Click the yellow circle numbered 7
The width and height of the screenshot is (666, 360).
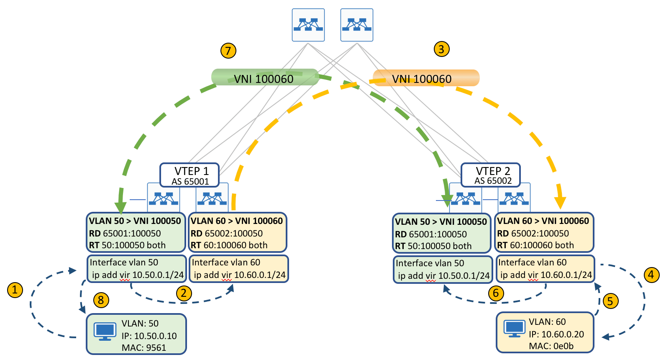(x=228, y=51)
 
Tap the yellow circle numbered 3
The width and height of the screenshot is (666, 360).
(x=441, y=49)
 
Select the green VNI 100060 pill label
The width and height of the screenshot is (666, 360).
(x=264, y=78)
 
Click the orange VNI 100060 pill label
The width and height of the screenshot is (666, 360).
(x=426, y=78)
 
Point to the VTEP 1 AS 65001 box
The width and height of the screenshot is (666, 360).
(x=190, y=175)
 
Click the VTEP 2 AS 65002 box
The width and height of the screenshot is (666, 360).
(x=491, y=175)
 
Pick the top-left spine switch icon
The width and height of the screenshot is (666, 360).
(x=308, y=25)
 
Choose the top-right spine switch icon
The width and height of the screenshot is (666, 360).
(x=357, y=25)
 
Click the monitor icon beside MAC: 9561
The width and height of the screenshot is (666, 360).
(x=105, y=331)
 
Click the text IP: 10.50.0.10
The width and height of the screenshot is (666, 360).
(x=149, y=336)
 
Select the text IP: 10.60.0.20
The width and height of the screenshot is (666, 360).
(x=556, y=334)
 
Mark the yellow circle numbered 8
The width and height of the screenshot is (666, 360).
(x=101, y=300)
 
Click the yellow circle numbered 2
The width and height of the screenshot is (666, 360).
(x=184, y=293)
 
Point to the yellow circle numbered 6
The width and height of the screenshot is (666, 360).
(x=496, y=293)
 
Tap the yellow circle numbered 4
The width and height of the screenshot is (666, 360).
(x=651, y=275)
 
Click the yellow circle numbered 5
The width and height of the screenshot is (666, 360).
(x=610, y=301)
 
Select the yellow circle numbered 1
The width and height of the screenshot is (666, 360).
(x=15, y=290)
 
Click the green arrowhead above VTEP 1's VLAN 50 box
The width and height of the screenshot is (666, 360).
(x=120, y=208)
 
